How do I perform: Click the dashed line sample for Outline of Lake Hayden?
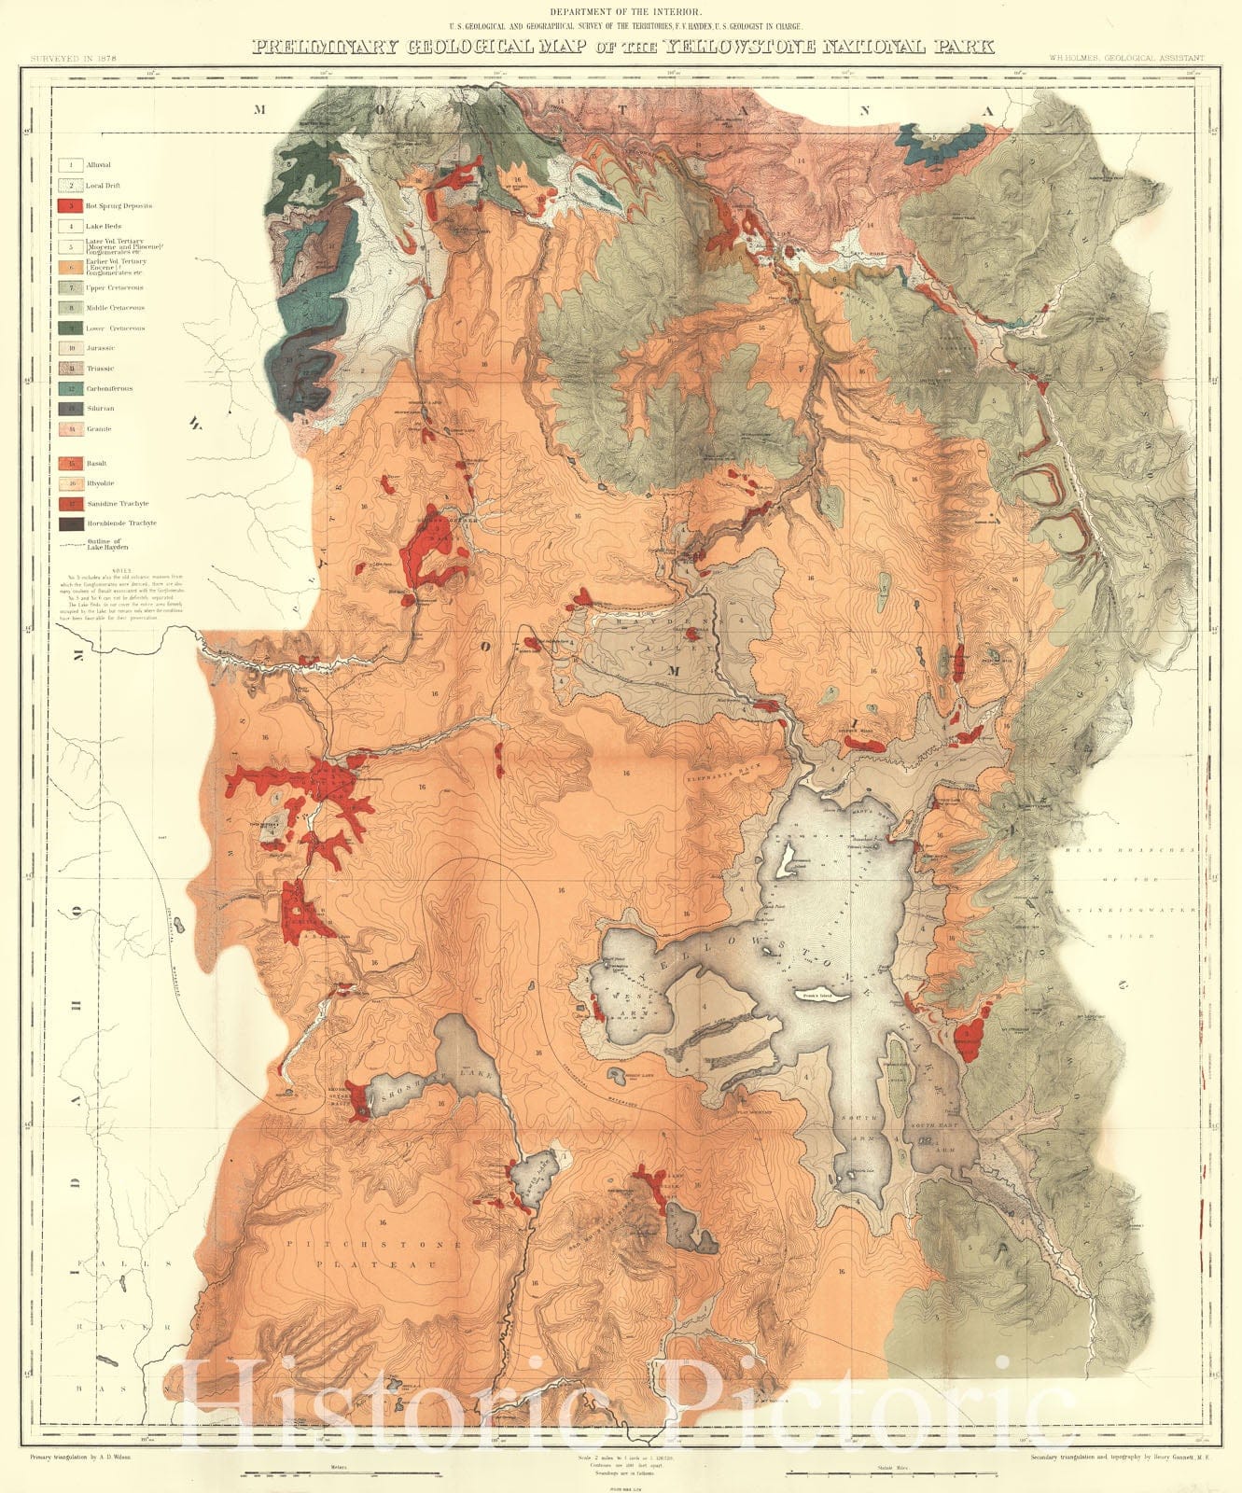(67, 545)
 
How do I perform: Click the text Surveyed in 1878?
(78, 58)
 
